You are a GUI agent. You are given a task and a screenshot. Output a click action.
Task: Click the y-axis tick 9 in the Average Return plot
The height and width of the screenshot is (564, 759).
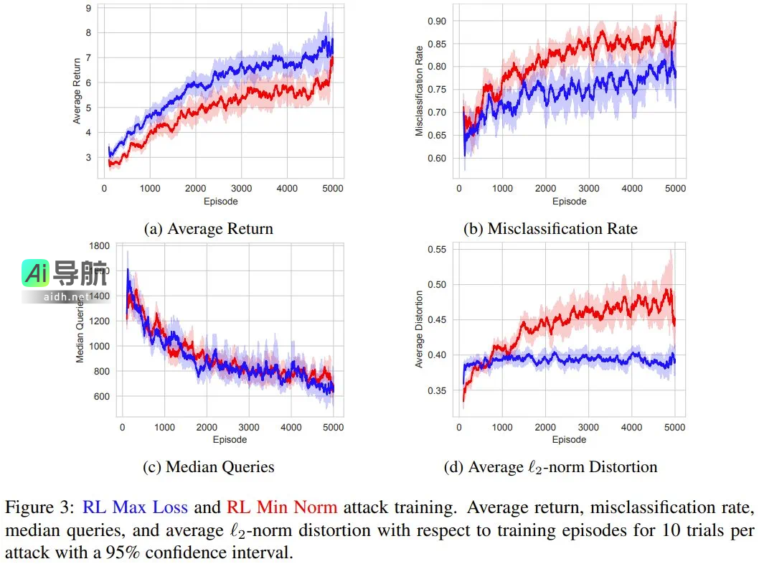88,9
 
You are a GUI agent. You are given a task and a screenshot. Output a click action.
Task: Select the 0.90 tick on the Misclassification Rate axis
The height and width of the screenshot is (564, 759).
438,21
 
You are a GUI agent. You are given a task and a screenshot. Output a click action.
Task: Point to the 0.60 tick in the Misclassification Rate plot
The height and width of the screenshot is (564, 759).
438,158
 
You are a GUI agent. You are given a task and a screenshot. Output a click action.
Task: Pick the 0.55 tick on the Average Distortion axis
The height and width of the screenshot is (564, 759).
438,250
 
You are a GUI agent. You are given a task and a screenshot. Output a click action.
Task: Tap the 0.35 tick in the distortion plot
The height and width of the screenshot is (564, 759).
438,391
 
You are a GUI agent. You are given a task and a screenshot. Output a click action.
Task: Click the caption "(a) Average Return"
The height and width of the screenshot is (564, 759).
209,229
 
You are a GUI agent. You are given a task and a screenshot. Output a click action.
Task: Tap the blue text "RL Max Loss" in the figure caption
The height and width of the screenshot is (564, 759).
135,507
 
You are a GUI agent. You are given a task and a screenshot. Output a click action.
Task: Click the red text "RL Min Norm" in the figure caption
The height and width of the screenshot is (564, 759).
282,507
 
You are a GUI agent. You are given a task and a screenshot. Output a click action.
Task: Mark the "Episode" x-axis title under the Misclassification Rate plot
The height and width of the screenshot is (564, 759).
569,202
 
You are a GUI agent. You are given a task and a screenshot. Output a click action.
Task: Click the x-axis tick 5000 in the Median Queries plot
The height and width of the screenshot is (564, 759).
332,427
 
